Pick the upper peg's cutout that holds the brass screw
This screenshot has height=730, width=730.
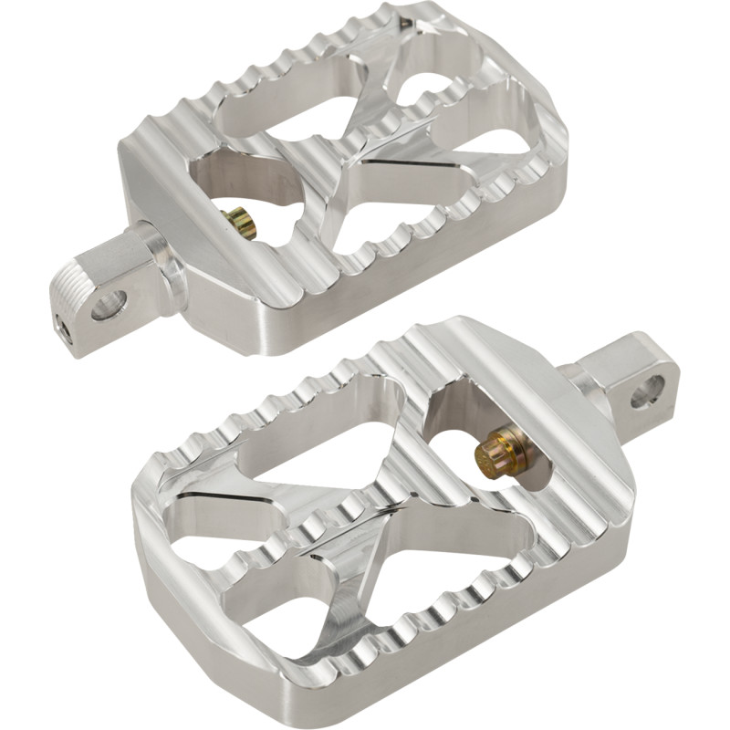click(242, 187)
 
